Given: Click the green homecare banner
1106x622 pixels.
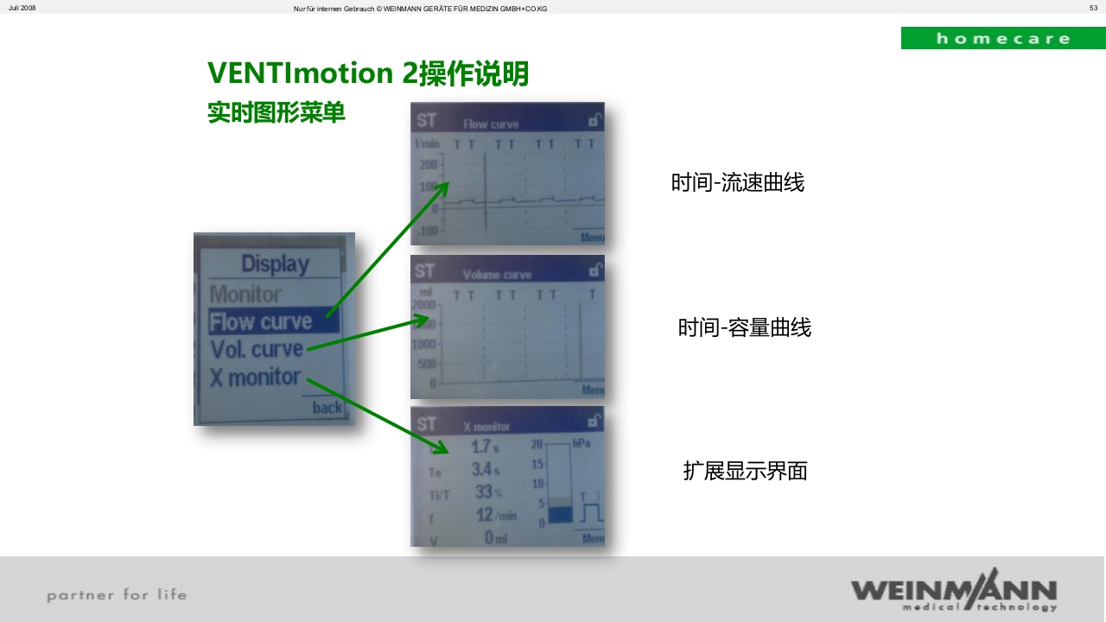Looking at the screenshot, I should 1002,38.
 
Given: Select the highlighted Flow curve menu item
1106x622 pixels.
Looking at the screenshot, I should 261,322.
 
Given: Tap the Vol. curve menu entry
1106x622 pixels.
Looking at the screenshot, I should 257,350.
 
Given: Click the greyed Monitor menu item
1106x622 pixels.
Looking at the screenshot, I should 245,295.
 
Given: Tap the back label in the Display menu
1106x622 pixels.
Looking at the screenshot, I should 327,407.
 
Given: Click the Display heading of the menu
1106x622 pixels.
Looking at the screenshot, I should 275,264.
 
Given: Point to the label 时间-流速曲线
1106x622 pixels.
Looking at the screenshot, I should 737,183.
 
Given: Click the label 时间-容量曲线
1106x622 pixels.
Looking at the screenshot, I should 744,328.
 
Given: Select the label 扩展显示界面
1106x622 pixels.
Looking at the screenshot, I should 745,471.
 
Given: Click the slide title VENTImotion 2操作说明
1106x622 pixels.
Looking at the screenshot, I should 368,73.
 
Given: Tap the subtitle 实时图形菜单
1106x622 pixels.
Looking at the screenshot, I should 276,113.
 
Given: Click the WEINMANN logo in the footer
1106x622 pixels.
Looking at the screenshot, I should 953,590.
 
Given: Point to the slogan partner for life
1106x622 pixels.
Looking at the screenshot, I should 117,594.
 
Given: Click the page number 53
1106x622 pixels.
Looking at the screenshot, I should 1093,8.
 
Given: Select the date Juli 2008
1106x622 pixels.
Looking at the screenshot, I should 22,8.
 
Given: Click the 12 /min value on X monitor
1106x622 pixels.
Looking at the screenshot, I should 495,515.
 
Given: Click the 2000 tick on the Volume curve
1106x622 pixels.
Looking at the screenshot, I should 424,306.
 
